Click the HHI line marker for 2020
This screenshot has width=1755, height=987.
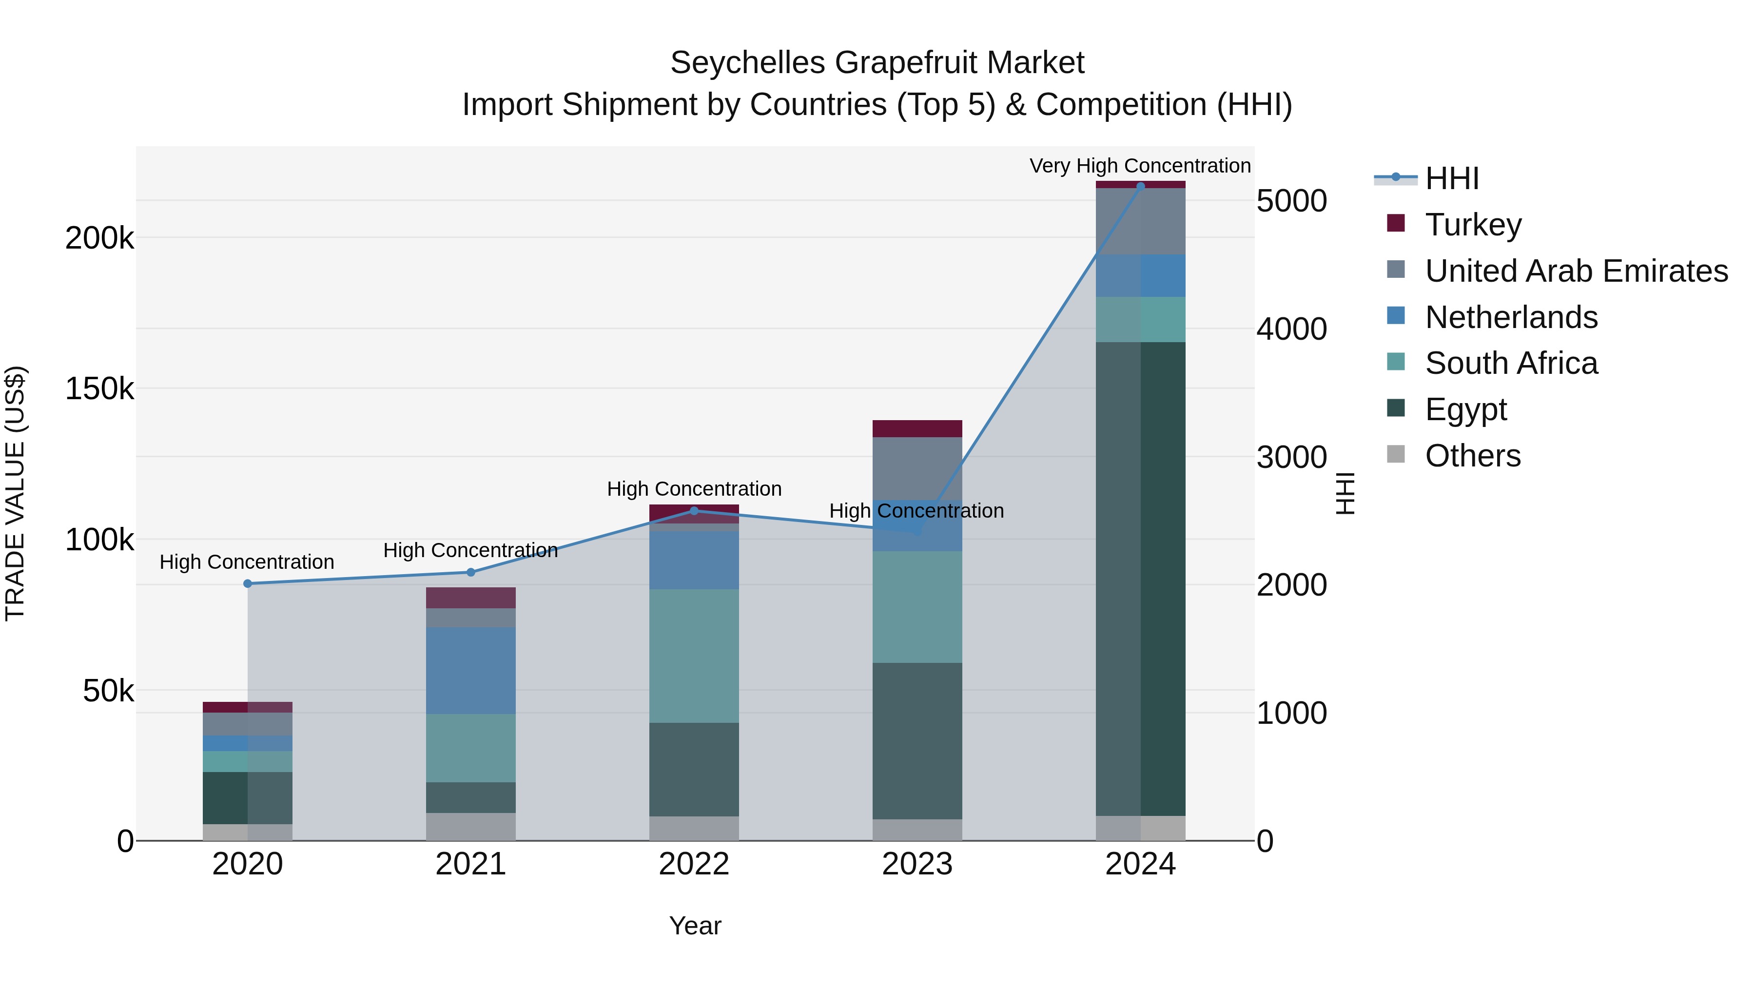point(247,584)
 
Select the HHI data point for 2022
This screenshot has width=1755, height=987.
point(694,511)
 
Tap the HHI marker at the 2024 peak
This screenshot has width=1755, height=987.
point(1140,186)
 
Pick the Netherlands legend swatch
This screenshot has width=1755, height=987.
point(1396,316)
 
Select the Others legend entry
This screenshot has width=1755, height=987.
point(1472,456)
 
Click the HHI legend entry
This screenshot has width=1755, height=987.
point(1451,178)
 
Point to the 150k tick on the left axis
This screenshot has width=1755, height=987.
point(99,389)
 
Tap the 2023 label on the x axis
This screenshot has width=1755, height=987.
point(917,864)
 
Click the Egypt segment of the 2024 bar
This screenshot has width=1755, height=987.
point(1140,579)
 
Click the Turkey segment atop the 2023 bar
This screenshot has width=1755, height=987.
point(917,428)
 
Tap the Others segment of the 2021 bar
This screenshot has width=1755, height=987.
point(471,826)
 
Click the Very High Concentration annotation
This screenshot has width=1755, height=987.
point(1140,166)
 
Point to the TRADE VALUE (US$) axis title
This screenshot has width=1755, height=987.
point(15,493)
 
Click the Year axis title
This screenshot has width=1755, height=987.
point(695,926)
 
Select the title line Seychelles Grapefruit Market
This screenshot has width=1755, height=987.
point(877,63)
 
